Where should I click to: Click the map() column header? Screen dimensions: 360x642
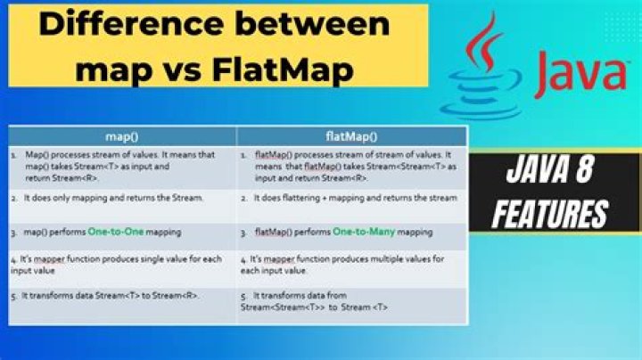point(122,136)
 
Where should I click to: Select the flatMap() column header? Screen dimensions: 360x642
point(351,136)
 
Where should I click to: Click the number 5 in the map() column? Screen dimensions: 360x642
point(15,295)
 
